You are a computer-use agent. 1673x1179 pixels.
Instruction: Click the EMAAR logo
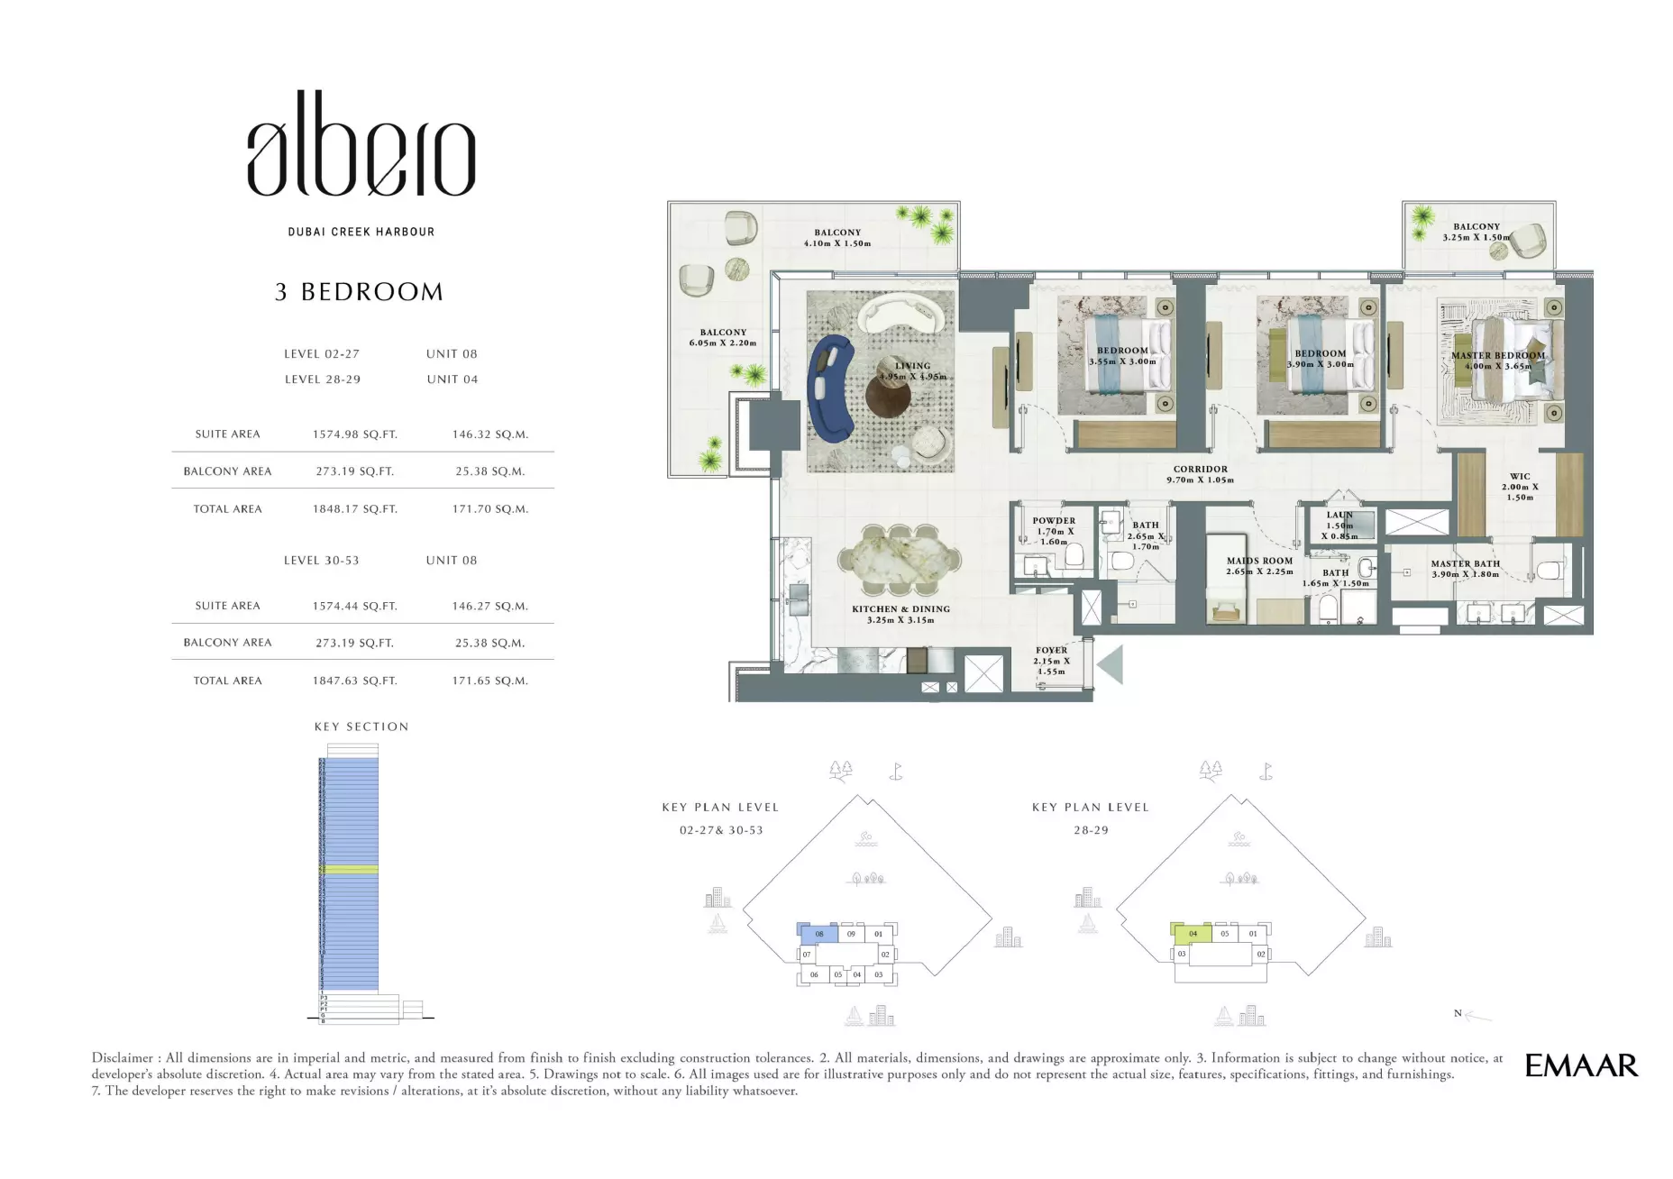pos(1580,1065)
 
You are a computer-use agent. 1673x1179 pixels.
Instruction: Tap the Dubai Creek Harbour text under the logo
pos(361,232)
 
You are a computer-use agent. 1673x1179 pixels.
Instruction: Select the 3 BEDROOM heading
pos(359,292)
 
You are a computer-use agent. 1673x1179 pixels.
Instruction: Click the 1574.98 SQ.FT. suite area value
pos(354,434)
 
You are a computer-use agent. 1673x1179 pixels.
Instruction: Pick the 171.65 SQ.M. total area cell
pos(489,681)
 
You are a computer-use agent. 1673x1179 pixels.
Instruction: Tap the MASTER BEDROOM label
pos(1497,356)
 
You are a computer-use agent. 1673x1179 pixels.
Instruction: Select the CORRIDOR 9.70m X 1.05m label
pos(1200,474)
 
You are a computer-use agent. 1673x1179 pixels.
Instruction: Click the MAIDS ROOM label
pos(1259,561)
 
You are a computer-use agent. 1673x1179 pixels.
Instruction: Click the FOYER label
pos(1051,650)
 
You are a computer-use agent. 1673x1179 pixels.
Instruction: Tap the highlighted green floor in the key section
pos(350,870)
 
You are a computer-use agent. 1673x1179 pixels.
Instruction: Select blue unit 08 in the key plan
pos(818,934)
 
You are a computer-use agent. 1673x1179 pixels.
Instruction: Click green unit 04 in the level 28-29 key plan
pos(1192,934)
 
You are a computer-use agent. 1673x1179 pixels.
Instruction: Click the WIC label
pos(1520,477)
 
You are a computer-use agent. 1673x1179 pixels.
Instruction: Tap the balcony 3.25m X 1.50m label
pos(1476,233)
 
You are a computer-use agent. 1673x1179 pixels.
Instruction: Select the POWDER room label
pos(1054,521)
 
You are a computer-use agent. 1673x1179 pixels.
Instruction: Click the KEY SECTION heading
pos(361,727)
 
